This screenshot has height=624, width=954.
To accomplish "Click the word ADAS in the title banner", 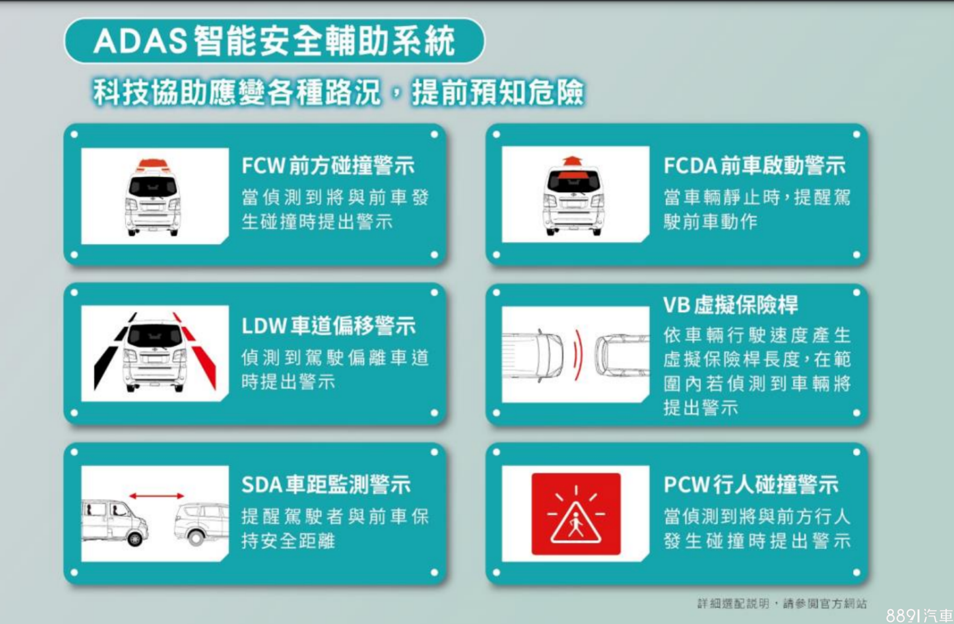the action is coord(140,42).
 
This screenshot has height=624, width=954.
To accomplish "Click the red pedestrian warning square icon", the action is coord(576,514).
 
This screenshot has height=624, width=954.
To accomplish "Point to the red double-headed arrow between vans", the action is coord(156,496).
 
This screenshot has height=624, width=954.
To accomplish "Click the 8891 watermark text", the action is coord(919,615).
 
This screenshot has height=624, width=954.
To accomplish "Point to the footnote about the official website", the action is coord(782,603).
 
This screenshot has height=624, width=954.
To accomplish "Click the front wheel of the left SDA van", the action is coord(135,539).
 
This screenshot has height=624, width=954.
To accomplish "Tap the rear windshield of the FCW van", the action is coord(153,186).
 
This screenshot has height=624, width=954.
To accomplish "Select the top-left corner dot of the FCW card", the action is coord(74,134).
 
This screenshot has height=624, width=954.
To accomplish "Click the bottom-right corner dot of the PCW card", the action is coord(857,572).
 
